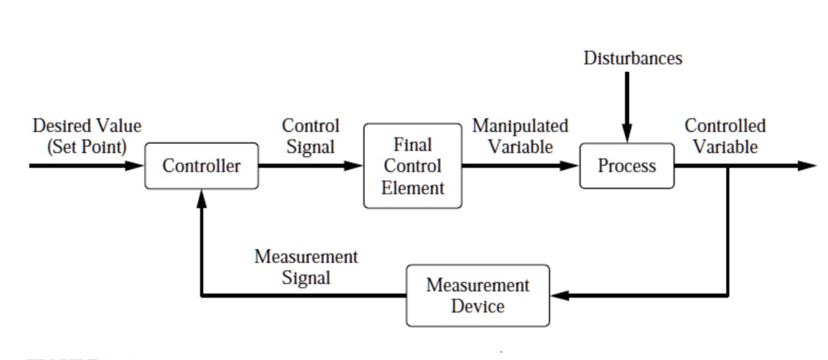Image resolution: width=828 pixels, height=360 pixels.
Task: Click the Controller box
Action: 201,166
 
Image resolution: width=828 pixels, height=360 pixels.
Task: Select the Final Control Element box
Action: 412,166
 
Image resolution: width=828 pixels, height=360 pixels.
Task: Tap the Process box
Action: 627,166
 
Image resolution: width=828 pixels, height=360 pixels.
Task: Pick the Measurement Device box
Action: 478,295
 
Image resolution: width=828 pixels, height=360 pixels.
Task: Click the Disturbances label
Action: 632,58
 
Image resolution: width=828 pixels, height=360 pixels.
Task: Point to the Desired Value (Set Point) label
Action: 87,136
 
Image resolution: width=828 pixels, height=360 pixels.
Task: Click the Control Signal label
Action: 310,136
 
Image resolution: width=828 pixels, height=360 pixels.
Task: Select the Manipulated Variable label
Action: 520,136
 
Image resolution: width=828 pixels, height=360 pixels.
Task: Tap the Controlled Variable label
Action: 725,136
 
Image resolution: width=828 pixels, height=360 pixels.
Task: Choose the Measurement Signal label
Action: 306,267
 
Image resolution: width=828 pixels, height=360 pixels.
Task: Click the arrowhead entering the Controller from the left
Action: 136,166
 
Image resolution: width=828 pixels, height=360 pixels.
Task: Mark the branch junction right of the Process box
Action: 728,166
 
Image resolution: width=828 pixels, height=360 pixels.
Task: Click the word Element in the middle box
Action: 412,188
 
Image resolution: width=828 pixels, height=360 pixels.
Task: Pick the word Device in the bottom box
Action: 478,307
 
